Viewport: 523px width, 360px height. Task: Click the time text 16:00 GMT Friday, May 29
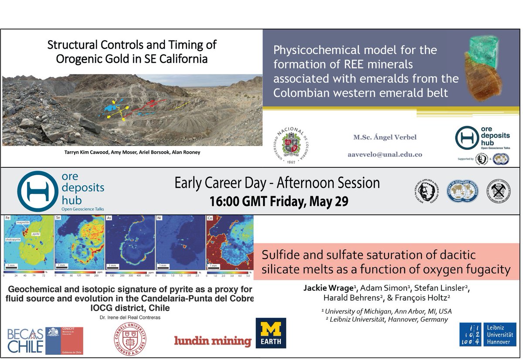click(277, 202)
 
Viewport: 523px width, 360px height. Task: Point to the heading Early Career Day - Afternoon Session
click(277, 183)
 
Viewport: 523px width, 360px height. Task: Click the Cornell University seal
click(131, 339)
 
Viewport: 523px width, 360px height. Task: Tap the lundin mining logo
click(213, 340)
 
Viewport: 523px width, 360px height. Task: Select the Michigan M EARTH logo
click(271, 333)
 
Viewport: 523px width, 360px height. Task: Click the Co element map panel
click(229, 242)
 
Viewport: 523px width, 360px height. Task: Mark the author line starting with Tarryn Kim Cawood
click(132, 153)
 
